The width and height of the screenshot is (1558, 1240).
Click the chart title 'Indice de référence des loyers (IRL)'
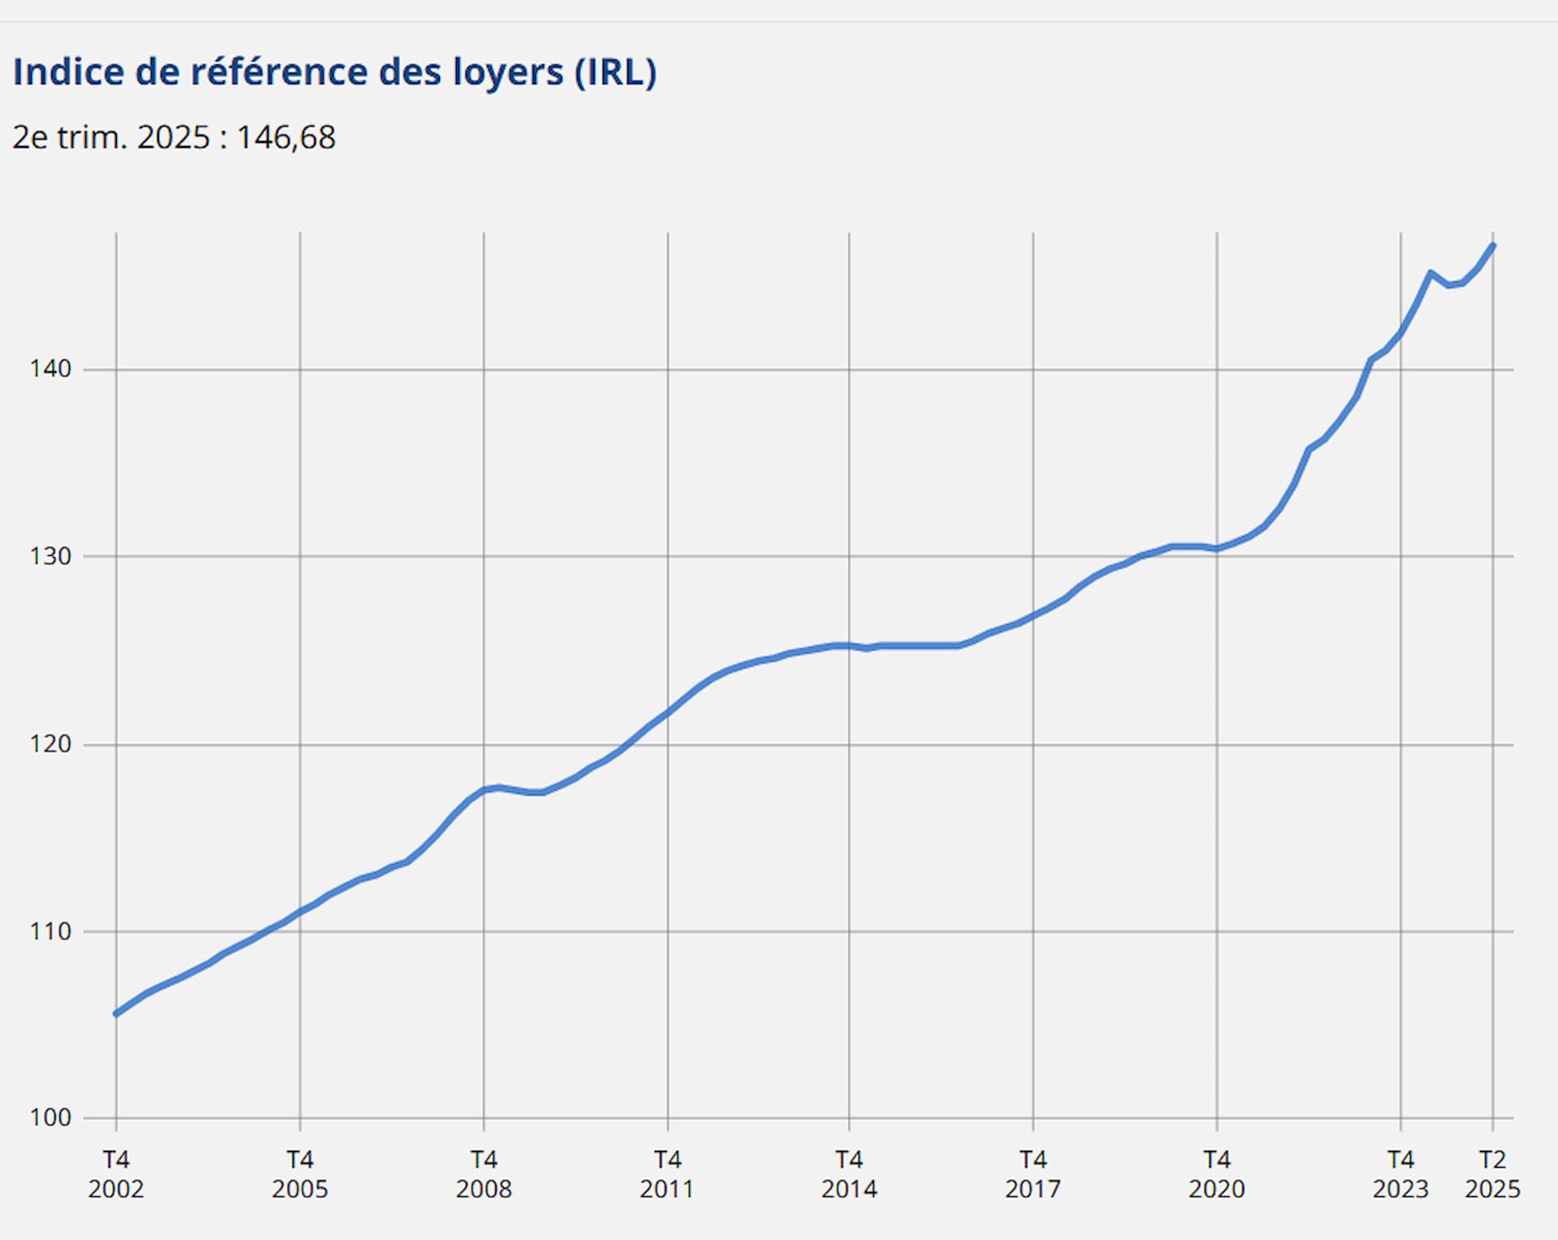tap(334, 72)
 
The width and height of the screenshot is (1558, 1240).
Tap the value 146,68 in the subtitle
tap(286, 138)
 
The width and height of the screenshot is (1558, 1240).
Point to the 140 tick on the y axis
tap(50, 369)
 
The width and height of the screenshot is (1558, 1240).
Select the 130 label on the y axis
tap(50, 557)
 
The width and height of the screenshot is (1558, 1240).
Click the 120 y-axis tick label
tap(50, 744)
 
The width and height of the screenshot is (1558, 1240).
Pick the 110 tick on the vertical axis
tap(50, 932)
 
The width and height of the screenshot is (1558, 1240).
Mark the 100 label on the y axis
tap(50, 1118)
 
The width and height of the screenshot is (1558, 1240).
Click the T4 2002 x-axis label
tap(116, 1174)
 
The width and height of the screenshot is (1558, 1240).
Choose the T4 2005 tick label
tap(299, 1174)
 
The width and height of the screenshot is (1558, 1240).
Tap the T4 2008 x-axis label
tap(484, 1174)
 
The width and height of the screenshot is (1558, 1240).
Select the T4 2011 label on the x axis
tap(667, 1174)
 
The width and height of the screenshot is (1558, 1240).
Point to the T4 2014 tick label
tap(849, 1174)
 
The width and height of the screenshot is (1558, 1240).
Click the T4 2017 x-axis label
tap(1033, 1174)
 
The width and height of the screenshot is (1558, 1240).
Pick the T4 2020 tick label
tap(1216, 1174)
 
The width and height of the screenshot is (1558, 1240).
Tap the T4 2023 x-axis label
tap(1401, 1174)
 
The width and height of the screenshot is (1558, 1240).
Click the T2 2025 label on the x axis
tap(1492, 1174)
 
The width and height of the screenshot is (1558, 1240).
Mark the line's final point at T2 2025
tap(1493, 245)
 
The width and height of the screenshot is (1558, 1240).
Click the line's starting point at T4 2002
tap(116, 1014)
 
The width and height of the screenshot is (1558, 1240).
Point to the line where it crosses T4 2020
tap(1216, 549)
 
